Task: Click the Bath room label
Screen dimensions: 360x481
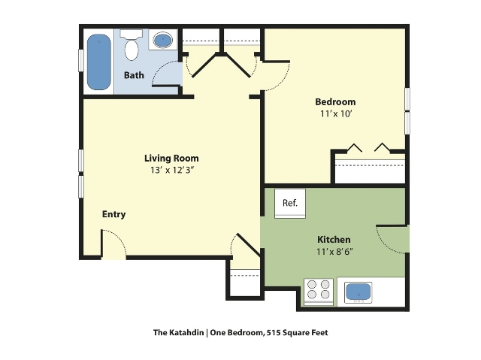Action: [x=134, y=75]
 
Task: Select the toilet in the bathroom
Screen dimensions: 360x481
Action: [x=132, y=47]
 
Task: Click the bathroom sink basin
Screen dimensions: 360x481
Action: [x=162, y=40]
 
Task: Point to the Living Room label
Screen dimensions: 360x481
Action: [x=171, y=158]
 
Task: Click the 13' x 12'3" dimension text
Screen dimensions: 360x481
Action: [x=171, y=171]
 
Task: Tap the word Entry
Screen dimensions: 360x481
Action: [x=113, y=214]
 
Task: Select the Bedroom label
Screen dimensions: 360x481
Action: [x=336, y=101]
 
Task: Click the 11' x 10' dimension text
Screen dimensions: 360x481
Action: [x=336, y=114]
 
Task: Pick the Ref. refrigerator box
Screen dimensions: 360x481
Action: [x=290, y=203]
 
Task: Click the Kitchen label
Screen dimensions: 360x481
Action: [x=334, y=239]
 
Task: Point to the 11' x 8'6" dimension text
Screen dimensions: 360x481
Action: [x=334, y=252]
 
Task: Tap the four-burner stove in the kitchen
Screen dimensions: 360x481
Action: [x=319, y=290]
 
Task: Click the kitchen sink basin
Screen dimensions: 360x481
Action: [x=358, y=292]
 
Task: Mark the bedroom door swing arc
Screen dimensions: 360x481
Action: [x=277, y=76]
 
